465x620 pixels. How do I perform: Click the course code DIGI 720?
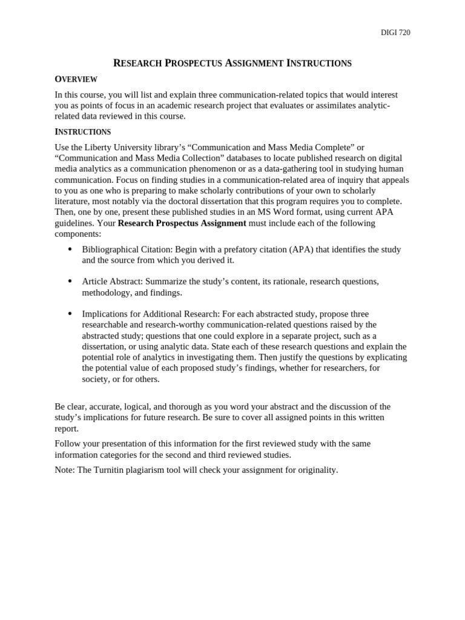395,33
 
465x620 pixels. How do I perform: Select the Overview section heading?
76,79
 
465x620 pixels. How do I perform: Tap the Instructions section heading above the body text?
82,131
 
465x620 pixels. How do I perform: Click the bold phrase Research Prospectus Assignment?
182,223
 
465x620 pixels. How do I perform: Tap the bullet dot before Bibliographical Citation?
70,249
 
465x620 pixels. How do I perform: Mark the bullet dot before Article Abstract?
70,282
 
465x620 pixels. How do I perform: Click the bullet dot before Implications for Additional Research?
70,314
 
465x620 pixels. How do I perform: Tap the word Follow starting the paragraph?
67,444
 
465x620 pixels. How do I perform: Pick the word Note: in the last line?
65,470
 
